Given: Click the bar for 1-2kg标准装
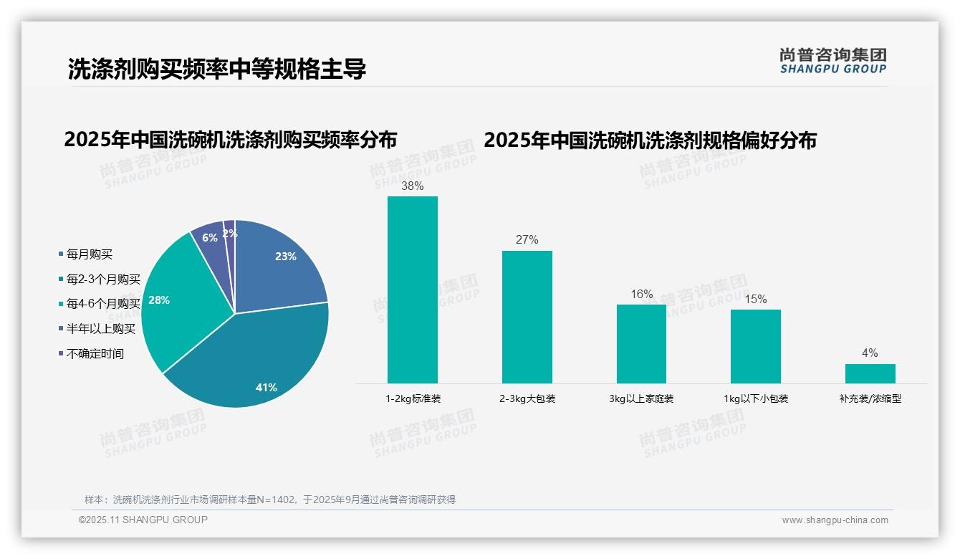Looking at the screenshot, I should pos(412,290).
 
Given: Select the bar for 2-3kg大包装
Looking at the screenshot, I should pos(527,317).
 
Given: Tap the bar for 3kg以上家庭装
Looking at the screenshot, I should pos(641,344).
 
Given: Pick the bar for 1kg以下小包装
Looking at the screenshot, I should pos(756,346).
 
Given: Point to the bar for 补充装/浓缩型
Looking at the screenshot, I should pos(870,373).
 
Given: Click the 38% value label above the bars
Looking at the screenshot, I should pos(412,186).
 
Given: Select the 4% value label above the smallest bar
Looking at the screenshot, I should pos(870,353).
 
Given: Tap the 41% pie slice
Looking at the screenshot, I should pos(258,365).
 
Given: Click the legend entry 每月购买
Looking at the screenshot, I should pos(90,254).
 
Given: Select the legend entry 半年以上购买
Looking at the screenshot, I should pos(101,329).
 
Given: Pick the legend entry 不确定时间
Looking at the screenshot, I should pos(95,353).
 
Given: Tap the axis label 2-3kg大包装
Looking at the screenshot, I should pos(527,398).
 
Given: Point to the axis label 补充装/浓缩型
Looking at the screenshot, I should pos(870,398).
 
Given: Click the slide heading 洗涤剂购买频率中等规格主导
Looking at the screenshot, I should pos(216,69).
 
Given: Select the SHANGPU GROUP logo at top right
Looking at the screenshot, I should pos(832,60).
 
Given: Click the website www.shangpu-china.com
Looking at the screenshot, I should pos(835,520).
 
